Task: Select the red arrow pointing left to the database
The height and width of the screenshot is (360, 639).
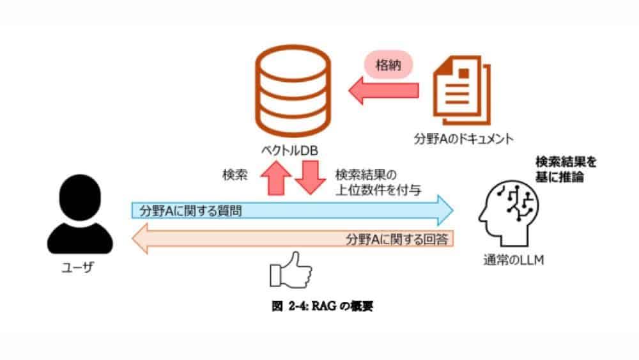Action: point(383,91)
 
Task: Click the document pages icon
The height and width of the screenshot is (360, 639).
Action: point(458,89)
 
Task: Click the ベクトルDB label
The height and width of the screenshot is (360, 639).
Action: point(291,152)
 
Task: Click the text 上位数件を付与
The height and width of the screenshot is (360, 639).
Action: point(378,190)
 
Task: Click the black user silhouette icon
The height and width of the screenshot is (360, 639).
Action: point(81,215)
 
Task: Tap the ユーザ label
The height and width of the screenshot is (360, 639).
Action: point(81,267)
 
